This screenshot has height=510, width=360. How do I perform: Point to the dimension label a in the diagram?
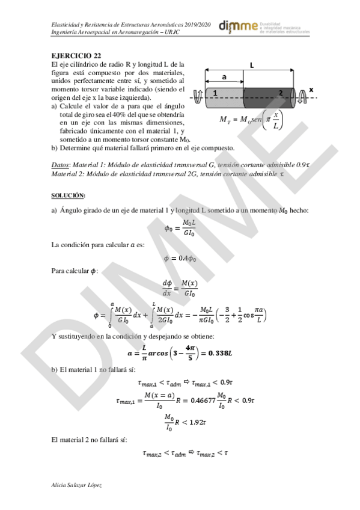pyautogui.click(x=224, y=77)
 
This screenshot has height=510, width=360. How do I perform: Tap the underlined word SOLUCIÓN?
pyautogui.click(x=68, y=195)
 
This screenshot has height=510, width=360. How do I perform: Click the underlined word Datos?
pyautogui.click(x=63, y=164)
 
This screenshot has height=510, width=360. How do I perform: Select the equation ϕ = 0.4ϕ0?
pyautogui.click(x=180, y=258)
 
